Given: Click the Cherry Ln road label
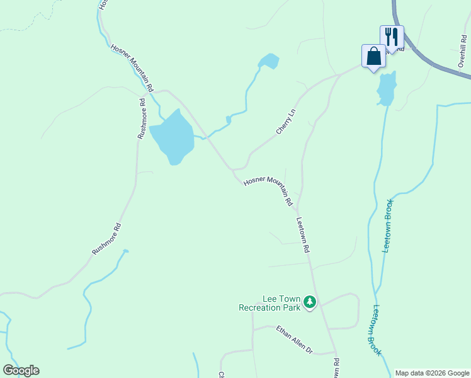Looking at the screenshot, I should tap(286, 122).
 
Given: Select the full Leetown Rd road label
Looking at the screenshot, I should tap(303, 235).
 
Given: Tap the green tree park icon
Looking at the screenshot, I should tap(309, 302).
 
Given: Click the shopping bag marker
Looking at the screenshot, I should tap(373, 55).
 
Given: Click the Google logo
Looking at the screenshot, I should tap(21, 370).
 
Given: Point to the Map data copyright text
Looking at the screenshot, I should tap(431, 373).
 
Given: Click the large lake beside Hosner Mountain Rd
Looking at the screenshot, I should tap(171, 137).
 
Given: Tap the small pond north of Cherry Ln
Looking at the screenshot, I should tap(270, 61).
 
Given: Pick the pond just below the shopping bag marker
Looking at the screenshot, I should tap(387, 88).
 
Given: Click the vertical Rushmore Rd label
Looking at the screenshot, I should tap(142, 118).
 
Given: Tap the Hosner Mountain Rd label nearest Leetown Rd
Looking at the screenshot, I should tap(268, 191).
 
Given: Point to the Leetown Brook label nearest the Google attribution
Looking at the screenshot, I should tap(377, 330).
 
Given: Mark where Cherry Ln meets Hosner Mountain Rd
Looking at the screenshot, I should tap(234, 169).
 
